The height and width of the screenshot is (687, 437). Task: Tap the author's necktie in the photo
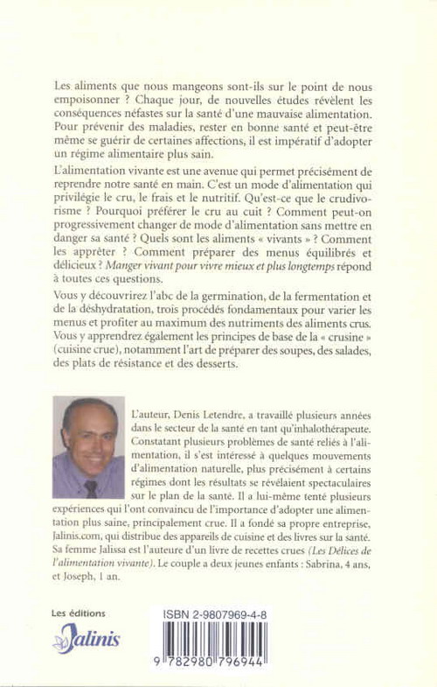click(91, 487)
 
